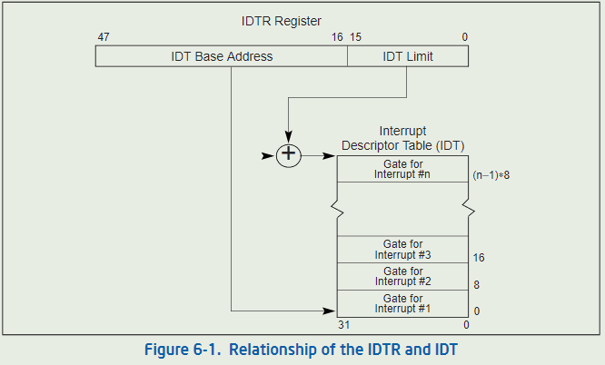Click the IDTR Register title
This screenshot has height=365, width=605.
pos(282,20)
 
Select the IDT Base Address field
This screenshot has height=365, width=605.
pos(222,56)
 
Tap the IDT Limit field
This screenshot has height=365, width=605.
pos(408,56)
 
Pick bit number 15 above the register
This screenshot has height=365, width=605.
pos(356,37)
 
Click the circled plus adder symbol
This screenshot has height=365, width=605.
pos(289,155)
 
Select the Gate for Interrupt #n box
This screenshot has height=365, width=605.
pos(402,169)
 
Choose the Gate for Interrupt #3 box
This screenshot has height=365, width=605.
pos(402,250)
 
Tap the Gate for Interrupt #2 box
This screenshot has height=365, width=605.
pos(402,277)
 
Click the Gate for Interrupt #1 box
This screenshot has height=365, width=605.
pos(402,303)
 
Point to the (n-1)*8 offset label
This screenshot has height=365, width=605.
pos(491,175)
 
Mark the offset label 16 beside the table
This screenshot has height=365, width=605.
pos(479,258)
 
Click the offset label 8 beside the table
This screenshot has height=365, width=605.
pos(476,285)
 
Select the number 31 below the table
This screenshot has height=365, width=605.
pos(343,325)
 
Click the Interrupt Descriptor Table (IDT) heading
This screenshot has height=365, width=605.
pos(402,139)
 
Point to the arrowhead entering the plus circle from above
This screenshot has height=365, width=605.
pos(289,137)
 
